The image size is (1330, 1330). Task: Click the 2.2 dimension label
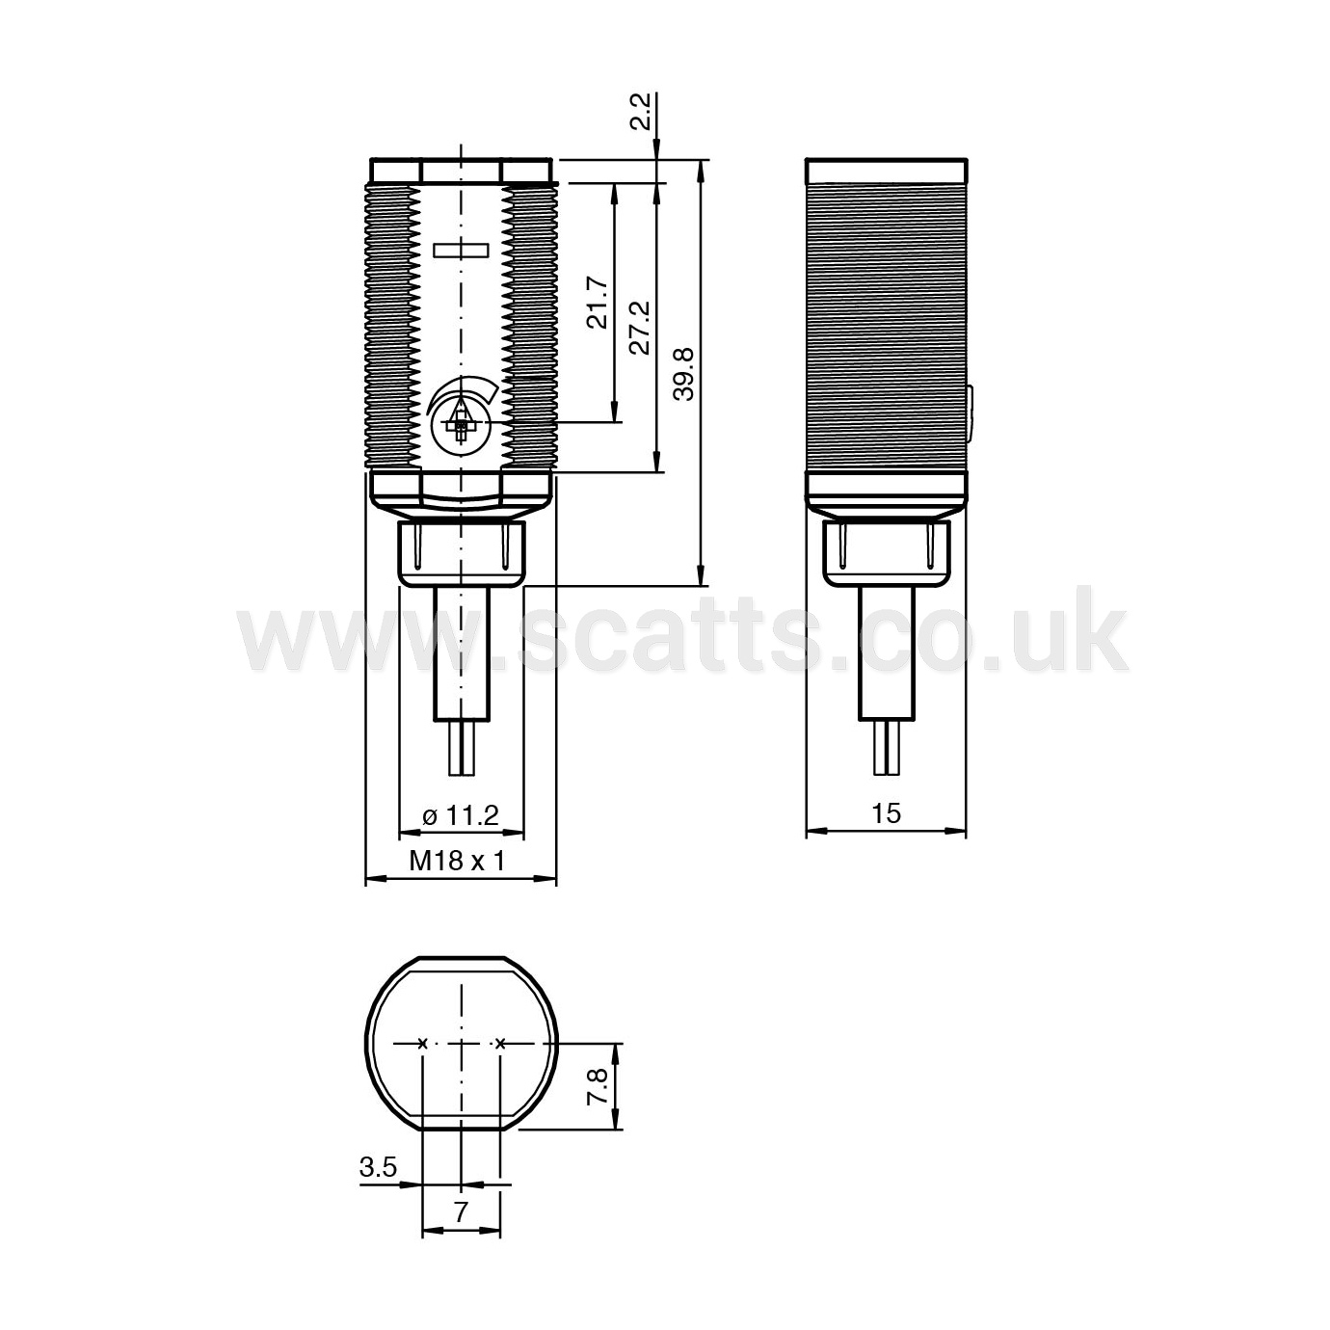[641, 112]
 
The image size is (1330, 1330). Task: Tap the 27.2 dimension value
[641, 327]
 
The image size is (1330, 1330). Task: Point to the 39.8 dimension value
[684, 374]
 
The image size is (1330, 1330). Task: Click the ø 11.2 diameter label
[461, 815]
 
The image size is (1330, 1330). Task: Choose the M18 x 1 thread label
[458, 861]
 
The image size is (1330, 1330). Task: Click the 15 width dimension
[887, 813]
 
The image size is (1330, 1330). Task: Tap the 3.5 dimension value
[378, 1167]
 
